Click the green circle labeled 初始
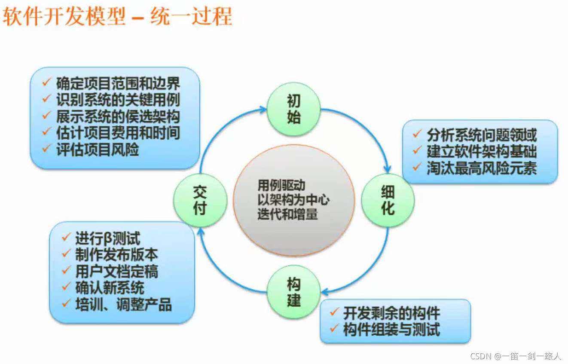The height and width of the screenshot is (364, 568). point(293,110)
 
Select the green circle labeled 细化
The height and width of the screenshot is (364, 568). point(388,200)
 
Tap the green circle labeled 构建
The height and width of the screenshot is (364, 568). point(293,292)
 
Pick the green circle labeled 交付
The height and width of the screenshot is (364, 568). point(200,200)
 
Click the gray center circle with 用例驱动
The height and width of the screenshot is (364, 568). point(293,200)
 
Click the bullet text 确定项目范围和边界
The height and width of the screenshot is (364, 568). point(118,83)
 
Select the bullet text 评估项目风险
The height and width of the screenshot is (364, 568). point(98,149)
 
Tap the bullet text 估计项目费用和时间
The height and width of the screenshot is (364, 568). point(118,133)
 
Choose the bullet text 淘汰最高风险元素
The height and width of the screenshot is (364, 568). point(482,168)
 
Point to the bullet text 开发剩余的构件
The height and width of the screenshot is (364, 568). point(391,313)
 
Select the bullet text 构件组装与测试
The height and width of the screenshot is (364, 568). point(391,330)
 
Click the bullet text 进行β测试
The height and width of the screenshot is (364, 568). point(107,239)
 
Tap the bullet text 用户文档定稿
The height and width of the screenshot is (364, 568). point(116,272)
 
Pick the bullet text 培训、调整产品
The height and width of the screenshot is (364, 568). point(123,305)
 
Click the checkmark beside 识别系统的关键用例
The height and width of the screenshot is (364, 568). point(47,99)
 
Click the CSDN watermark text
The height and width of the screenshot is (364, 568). point(515,356)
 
